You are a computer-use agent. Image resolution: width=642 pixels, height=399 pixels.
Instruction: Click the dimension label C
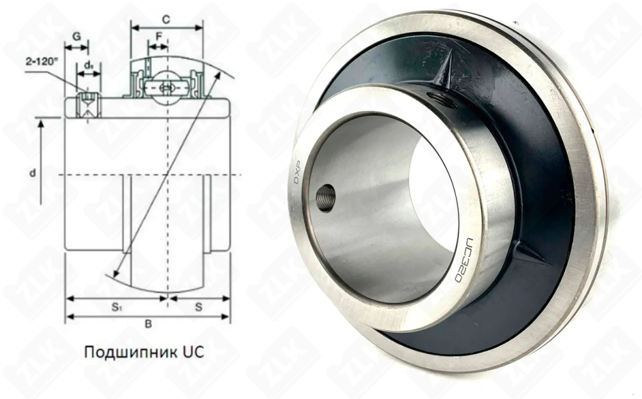click(166, 19)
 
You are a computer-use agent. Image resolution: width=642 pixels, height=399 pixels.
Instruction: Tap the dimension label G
click(76, 37)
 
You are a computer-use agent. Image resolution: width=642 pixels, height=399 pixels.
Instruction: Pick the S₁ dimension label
click(116, 307)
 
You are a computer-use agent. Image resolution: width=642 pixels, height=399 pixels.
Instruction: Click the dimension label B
click(148, 324)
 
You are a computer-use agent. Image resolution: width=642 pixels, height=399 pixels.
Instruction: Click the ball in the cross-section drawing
click(167, 87)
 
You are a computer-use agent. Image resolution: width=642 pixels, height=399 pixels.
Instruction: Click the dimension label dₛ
click(89, 65)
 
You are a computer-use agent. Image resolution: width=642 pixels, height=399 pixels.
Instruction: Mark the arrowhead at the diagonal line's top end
click(217, 74)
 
